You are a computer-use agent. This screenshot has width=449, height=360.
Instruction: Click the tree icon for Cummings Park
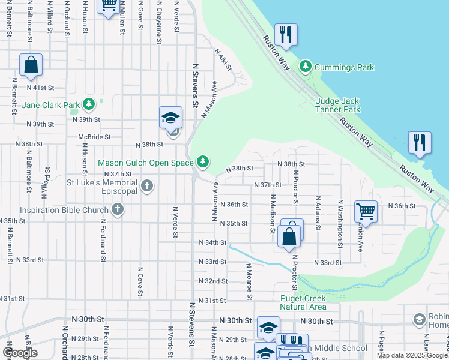(x=306, y=65)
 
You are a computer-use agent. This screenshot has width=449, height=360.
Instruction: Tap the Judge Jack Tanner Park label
(x=338, y=105)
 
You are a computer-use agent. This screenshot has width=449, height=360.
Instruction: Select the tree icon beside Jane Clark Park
(x=89, y=105)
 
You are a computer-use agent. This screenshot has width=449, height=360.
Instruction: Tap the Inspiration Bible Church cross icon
(x=118, y=210)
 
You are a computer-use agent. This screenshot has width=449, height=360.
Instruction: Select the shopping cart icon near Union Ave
(x=366, y=211)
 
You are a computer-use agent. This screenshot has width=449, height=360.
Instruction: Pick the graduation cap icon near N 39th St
(x=170, y=117)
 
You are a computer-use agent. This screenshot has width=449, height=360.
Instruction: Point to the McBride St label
(x=94, y=136)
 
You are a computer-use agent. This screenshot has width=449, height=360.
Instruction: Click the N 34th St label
(x=212, y=242)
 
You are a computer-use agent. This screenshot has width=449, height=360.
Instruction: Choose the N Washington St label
(x=340, y=224)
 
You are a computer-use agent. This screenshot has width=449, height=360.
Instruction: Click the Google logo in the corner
(x=20, y=352)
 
